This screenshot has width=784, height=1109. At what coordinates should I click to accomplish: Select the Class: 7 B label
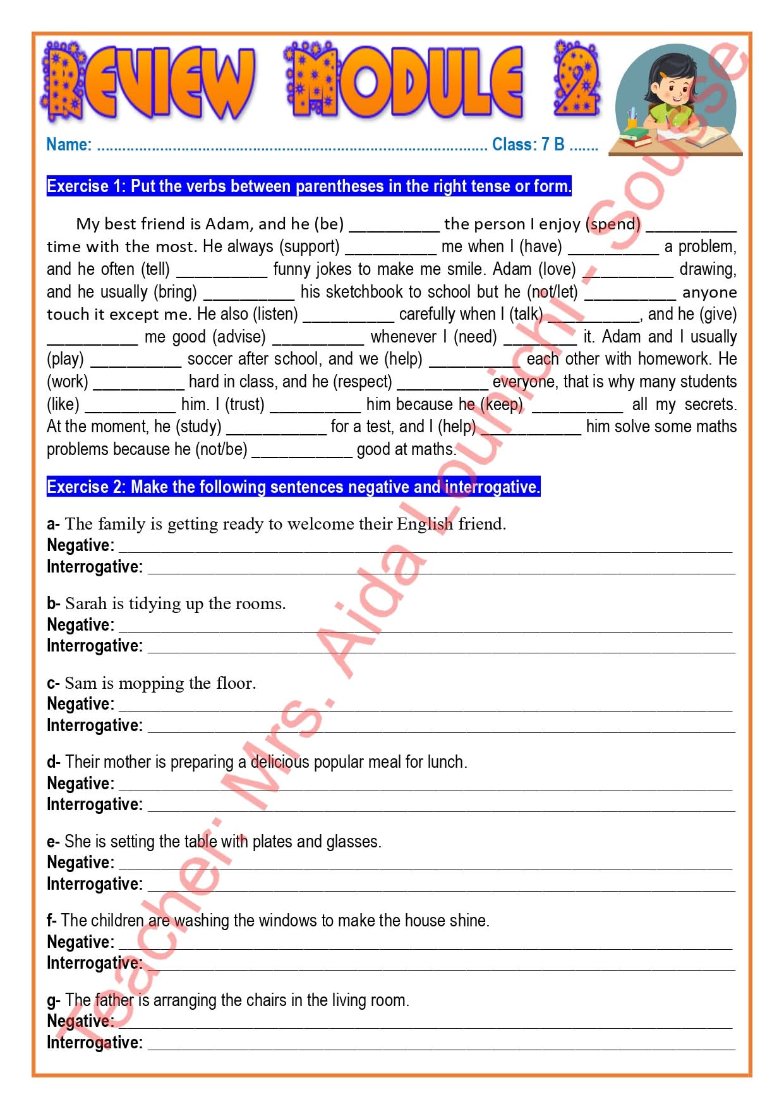[x=528, y=145]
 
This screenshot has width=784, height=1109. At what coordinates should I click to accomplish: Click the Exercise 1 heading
[x=309, y=186]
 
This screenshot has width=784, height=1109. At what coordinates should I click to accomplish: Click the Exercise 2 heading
[x=293, y=487]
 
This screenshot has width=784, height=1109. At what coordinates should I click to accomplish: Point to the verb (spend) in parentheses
[x=613, y=224]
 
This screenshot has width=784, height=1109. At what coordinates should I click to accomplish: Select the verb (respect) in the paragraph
[x=362, y=382]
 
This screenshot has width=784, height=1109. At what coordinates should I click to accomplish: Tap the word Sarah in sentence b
[x=86, y=604]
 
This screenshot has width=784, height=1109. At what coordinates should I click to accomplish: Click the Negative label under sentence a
[x=80, y=545]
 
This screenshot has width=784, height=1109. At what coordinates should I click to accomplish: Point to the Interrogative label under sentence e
[x=95, y=884]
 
